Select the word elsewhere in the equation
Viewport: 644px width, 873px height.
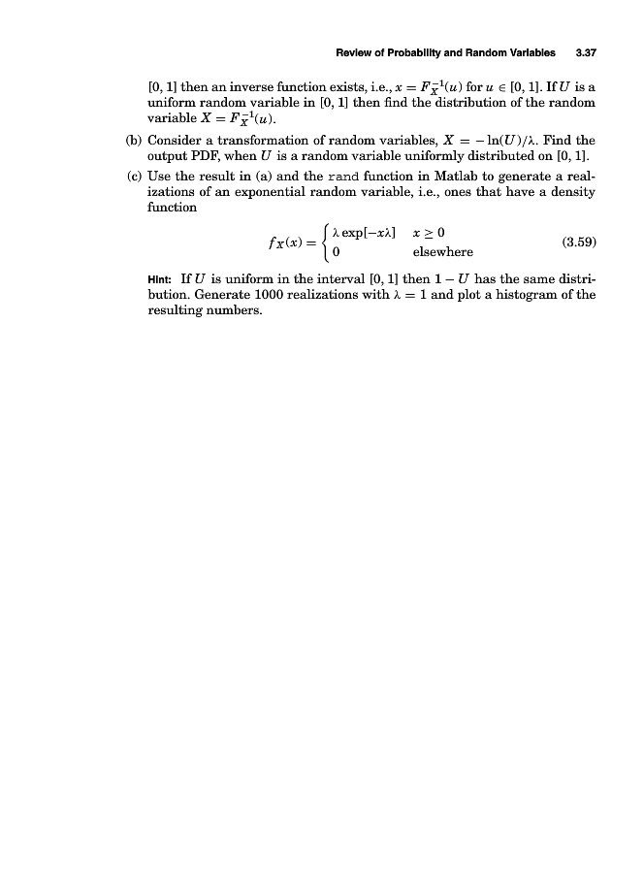click(442, 253)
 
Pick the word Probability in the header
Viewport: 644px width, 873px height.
click(406, 52)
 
